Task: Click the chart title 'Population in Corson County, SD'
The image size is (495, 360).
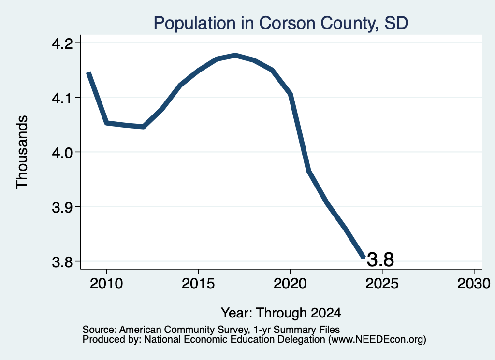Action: coord(281,23)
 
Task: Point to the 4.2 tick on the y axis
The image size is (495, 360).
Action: coord(62,43)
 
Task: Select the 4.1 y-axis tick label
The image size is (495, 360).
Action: coord(62,98)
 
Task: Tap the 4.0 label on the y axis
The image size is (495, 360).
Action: coord(62,152)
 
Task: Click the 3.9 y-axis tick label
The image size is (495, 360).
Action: coord(62,207)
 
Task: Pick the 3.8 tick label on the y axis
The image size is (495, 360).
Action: coord(62,262)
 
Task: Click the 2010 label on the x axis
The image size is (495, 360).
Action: coord(106,284)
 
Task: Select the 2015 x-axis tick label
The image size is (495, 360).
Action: coord(198,284)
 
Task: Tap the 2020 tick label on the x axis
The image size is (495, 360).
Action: coord(290,284)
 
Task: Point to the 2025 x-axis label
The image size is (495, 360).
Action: coord(382,284)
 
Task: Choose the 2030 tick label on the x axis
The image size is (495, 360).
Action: coord(474,284)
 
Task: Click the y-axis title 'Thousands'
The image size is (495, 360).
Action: coord(22,152)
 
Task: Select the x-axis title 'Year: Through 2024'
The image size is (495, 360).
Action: coord(281,313)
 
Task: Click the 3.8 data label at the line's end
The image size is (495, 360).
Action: coord(380,260)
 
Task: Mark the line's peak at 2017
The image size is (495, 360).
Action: coord(235,56)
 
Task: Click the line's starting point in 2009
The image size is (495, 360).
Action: coord(89,73)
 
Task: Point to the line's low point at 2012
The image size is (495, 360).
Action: coord(143,127)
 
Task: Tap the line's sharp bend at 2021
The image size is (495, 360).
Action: coord(309,171)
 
